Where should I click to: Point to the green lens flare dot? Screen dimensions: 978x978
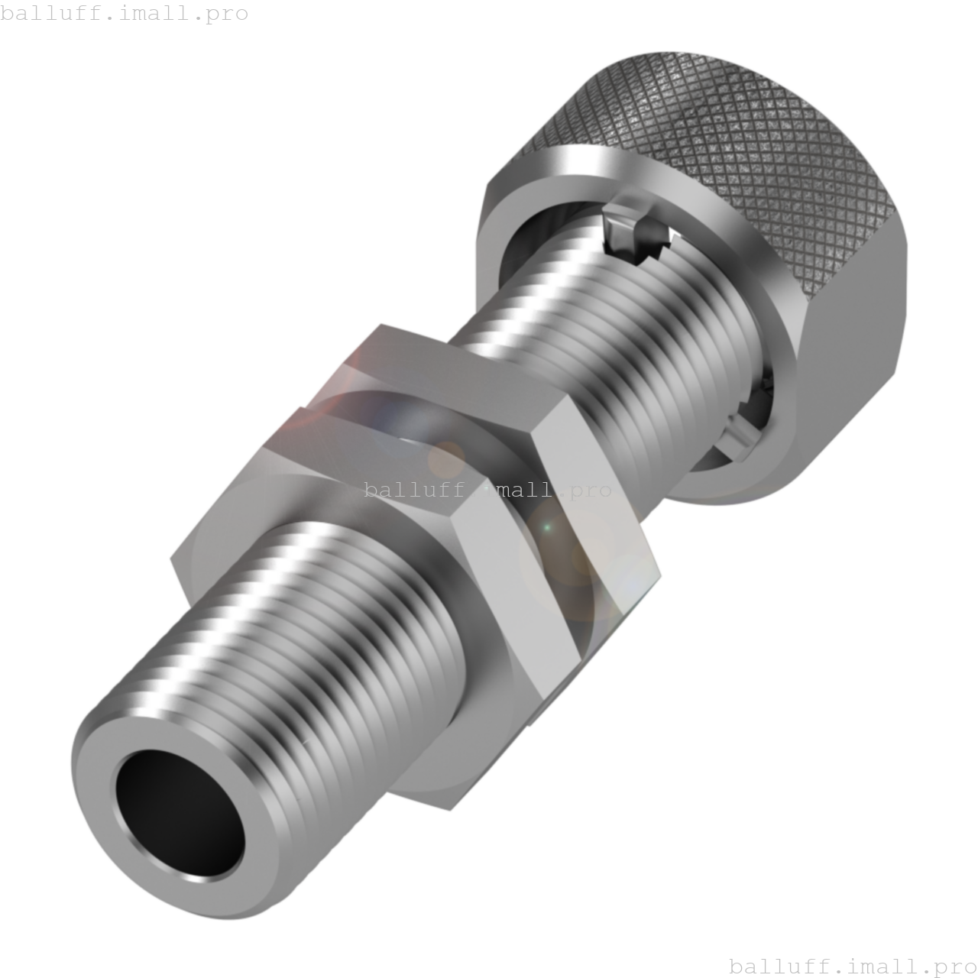[x=546, y=527]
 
